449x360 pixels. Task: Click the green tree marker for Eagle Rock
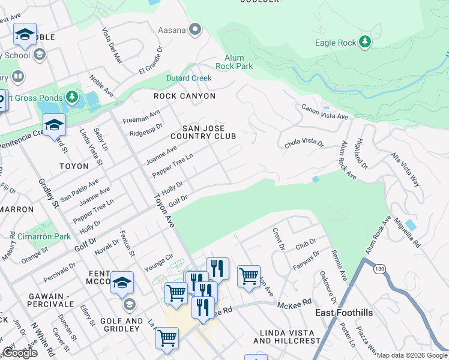pyautogui.click(x=365, y=42)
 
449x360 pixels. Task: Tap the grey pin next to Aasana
pyautogui.click(x=194, y=29)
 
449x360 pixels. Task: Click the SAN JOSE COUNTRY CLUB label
pyautogui.click(x=203, y=132)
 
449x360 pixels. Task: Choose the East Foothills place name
pyautogui.click(x=345, y=313)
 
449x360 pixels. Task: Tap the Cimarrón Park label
pyautogui.click(x=44, y=237)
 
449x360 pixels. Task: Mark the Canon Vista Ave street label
pyautogui.click(x=325, y=112)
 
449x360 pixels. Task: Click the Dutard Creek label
pyautogui.click(x=189, y=78)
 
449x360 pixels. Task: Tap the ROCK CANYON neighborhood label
pyautogui.click(x=184, y=96)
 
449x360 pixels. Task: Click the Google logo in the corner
pyautogui.click(x=20, y=353)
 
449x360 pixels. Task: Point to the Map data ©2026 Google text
pyautogui.click(x=411, y=355)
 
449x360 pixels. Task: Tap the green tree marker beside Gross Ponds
pyautogui.click(x=72, y=97)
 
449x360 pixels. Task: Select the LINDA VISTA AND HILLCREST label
pyautogui.click(x=287, y=337)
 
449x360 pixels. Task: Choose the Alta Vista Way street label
pyautogui.click(x=406, y=170)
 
